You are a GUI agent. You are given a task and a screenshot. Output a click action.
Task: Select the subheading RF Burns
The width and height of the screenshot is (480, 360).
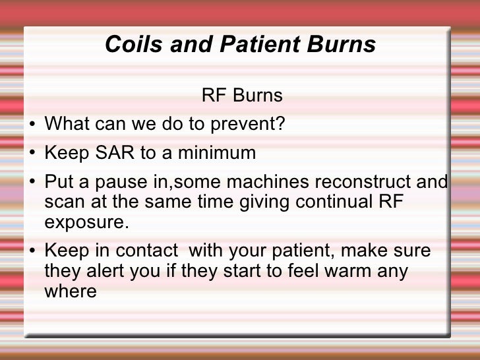(x=242, y=96)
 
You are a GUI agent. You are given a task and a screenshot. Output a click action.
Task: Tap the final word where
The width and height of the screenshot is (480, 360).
(x=70, y=290)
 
